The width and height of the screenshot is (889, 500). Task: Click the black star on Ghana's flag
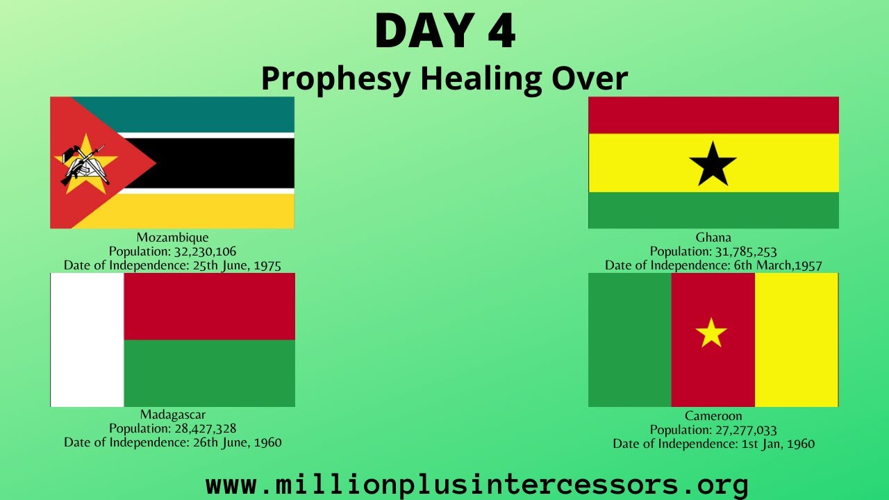713,165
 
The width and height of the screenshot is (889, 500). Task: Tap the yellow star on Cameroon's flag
711,333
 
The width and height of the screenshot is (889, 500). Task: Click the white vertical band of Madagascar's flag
87,340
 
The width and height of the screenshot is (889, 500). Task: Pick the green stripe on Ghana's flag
713,210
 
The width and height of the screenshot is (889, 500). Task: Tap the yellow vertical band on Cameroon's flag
797,340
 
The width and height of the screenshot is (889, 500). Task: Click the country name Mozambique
172,237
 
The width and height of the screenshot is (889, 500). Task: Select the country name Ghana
713,237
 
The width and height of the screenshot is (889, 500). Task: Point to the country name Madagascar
173,415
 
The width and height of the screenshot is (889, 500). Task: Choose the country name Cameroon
713,416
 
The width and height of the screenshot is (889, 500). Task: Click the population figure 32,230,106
205,251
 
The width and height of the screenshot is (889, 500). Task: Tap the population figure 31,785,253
746,251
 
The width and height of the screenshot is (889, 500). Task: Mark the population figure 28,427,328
205,428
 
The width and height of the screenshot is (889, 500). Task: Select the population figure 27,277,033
746,430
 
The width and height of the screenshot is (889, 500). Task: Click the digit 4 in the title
501,31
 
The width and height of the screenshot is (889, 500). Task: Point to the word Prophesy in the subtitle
335,79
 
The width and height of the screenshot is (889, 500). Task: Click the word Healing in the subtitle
481,79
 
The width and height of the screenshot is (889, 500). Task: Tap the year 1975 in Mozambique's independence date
267,265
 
